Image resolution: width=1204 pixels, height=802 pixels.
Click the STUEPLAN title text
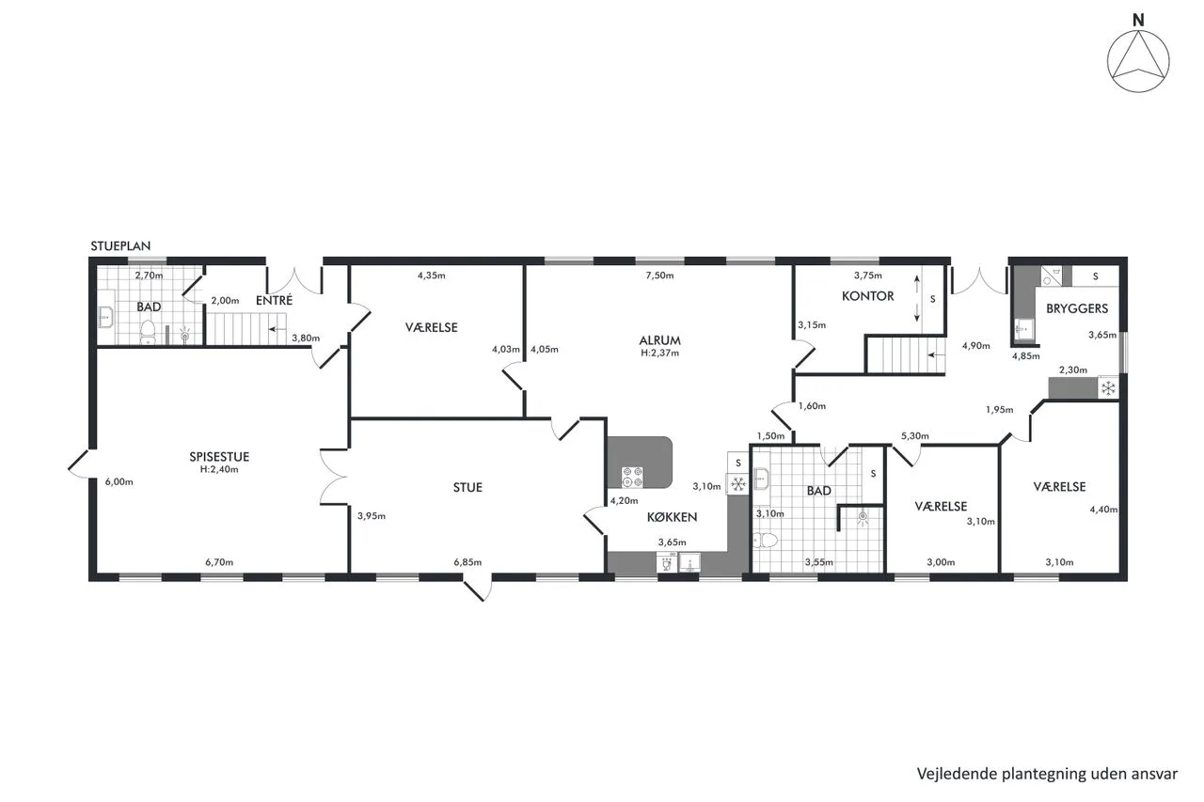pos(120,246)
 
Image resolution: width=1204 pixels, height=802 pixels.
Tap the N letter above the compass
pos(1138,21)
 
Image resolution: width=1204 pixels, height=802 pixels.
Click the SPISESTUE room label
pos(219,457)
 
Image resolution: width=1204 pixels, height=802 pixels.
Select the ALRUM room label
pos(659,340)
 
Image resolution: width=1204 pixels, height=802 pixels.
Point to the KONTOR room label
pos(867,296)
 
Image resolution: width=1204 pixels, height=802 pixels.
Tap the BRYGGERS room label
pos(1077,308)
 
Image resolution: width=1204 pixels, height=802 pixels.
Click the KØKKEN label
pos(672,517)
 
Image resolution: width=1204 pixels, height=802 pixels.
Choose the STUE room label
pos(467,487)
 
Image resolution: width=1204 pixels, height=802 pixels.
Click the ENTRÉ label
pos(274,300)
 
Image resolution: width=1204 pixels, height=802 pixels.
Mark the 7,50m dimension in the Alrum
pos(659,275)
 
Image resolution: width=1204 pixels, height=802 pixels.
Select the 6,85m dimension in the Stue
pos(467,562)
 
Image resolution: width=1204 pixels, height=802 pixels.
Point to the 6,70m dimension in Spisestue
pos(219,562)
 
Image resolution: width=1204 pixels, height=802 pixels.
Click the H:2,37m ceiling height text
pos(659,353)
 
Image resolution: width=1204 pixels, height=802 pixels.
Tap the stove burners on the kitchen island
pos(632,478)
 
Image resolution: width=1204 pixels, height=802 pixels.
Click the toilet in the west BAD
pos(148,332)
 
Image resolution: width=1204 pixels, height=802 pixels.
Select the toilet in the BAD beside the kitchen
pos(765,540)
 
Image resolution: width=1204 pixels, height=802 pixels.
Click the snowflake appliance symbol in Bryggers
pos(1108,388)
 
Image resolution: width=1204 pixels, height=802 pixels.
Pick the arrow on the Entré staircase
pos(277,329)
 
